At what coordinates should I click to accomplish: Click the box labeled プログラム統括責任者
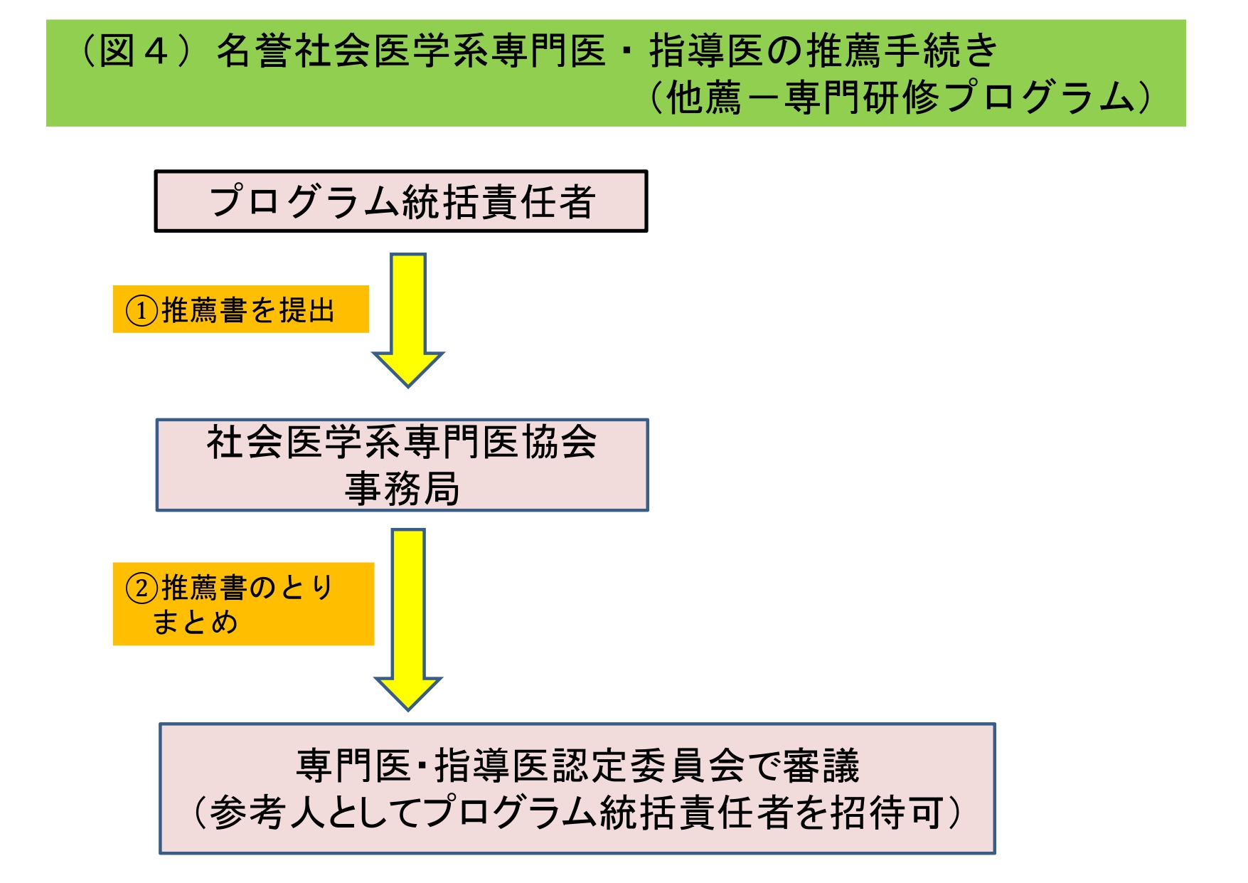(x=401, y=201)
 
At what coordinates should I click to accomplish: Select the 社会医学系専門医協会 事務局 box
(x=402, y=465)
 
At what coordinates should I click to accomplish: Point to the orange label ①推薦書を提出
(x=240, y=310)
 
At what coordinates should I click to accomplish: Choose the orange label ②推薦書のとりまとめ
(x=243, y=604)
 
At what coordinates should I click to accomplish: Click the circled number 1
(x=142, y=311)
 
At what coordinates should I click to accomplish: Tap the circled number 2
(x=142, y=588)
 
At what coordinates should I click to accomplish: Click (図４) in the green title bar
(x=135, y=51)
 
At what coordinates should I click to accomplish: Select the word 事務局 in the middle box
(x=402, y=489)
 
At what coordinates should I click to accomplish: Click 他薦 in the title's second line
(x=704, y=98)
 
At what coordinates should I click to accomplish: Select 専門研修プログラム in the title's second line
(x=960, y=98)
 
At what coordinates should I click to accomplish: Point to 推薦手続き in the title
(x=903, y=51)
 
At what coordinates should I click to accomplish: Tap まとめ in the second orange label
(x=195, y=623)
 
